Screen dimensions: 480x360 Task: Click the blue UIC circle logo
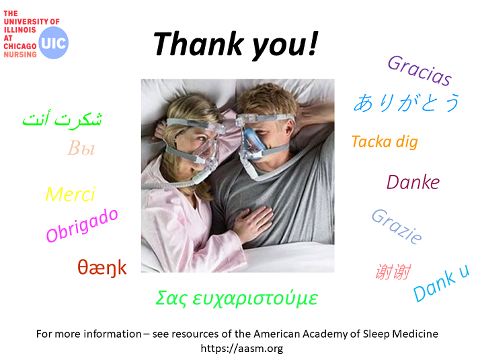[54, 43]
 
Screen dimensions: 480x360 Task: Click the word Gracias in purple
[419, 71]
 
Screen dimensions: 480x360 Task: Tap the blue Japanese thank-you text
[407, 103]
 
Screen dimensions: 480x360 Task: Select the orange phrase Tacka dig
[385, 142]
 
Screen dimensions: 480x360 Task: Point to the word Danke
[413, 182]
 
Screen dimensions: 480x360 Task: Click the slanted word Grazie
[397, 226]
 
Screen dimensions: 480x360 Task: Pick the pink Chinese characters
[393, 271]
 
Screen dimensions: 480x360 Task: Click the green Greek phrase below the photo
[237, 298]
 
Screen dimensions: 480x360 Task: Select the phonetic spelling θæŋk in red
[102, 268]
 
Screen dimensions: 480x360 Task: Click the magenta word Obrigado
[82, 226]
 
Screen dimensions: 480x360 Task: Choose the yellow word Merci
[71, 194]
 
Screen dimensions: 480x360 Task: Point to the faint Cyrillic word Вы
[81, 148]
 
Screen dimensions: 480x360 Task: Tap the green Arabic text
[62, 119]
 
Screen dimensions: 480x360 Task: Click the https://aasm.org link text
[242, 349]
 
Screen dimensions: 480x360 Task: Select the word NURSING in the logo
[20, 55]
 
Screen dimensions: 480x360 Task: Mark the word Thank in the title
[198, 44]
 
